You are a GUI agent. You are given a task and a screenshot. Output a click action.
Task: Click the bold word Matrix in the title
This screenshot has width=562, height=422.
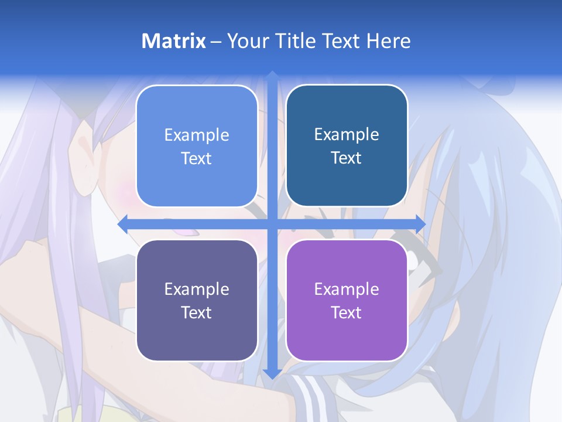coord(174,41)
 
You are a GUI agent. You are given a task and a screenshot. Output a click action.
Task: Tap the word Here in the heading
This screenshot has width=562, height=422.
coord(388,41)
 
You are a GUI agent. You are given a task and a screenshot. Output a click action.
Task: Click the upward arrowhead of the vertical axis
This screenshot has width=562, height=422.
coord(272,76)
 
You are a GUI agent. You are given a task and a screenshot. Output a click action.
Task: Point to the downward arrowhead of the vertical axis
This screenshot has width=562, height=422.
coord(272,375)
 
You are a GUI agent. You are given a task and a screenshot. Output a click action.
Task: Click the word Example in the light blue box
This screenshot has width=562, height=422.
coord(197,135)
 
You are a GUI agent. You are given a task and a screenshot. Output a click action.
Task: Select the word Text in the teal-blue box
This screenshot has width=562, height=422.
coord(347,158)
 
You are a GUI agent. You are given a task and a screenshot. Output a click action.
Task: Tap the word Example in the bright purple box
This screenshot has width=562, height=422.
coord(347,289)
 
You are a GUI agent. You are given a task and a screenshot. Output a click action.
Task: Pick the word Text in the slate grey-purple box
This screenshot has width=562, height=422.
coord(197,312)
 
